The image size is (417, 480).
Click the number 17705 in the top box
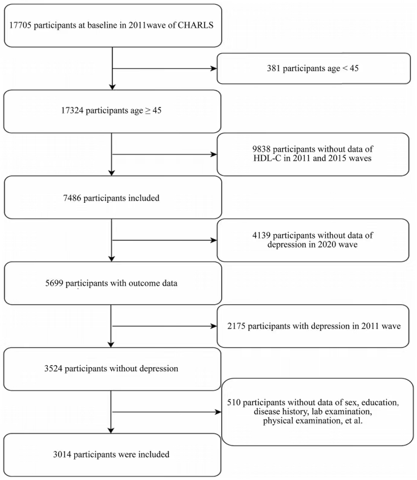20,25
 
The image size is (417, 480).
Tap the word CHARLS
195,25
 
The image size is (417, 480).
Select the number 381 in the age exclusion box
274,68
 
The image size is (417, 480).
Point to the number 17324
72,110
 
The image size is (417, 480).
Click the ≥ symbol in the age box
147,111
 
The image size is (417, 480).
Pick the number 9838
261,149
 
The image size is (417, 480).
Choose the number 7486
73,198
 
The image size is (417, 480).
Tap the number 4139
261,235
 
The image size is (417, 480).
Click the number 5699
54,283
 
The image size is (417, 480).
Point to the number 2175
236,326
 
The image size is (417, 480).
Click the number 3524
53,368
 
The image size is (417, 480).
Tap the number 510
234,403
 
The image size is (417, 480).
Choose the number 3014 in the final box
62,455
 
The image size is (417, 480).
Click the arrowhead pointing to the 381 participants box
214,69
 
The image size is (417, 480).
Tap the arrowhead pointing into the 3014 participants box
111,430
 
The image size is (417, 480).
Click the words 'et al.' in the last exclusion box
354,421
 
